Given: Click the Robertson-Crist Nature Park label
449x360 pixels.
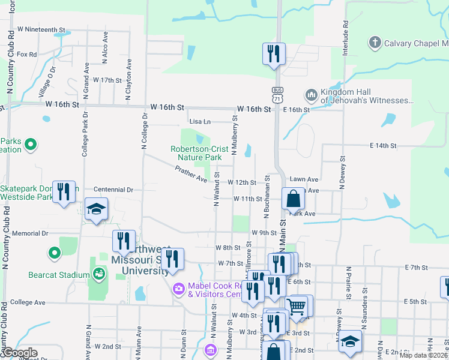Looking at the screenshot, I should coord(196,153).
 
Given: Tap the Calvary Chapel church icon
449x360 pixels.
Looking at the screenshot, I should coord(375,43).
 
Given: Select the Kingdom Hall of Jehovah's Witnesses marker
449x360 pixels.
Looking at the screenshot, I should coord(311,95).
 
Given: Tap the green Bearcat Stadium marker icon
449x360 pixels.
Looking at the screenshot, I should coord(55,253).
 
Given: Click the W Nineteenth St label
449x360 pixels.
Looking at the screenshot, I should coord(41,29).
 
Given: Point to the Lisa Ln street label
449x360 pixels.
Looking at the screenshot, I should coord(200,121).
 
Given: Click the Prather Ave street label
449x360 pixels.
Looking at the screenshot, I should coord(191,175).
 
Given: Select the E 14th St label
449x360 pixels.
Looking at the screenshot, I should coord(384,146).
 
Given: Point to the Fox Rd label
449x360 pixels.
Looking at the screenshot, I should coord(27,54).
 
